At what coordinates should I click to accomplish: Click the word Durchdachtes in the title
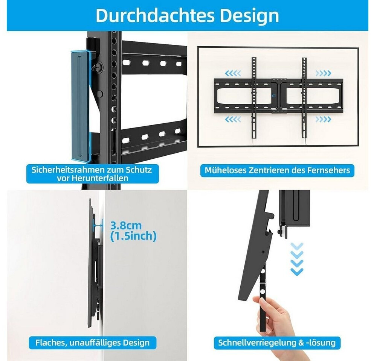(x=155, y=15)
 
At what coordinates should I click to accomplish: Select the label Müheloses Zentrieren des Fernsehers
(x=277, y=170)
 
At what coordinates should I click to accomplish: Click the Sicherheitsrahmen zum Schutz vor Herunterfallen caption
(x=92, y=174)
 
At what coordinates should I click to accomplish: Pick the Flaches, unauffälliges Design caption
(x=93, y=343)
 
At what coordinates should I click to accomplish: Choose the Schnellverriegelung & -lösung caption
(x=277, y=343)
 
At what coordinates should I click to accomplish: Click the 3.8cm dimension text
(x=126, y=226)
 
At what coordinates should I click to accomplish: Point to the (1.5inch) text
(x=133, y=236)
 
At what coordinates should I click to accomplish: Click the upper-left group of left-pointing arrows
(x=233, y=73)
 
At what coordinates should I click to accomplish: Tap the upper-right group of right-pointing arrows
(x=323, y=73)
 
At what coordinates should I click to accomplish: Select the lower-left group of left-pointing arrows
(x=233, y=119)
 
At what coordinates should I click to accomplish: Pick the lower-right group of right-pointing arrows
(x=323, y=119)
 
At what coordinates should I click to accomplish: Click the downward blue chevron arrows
(x=297, y=259)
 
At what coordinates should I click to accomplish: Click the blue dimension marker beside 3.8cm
(x=98, y=225)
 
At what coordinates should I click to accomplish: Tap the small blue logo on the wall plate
(x=273, y=96)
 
